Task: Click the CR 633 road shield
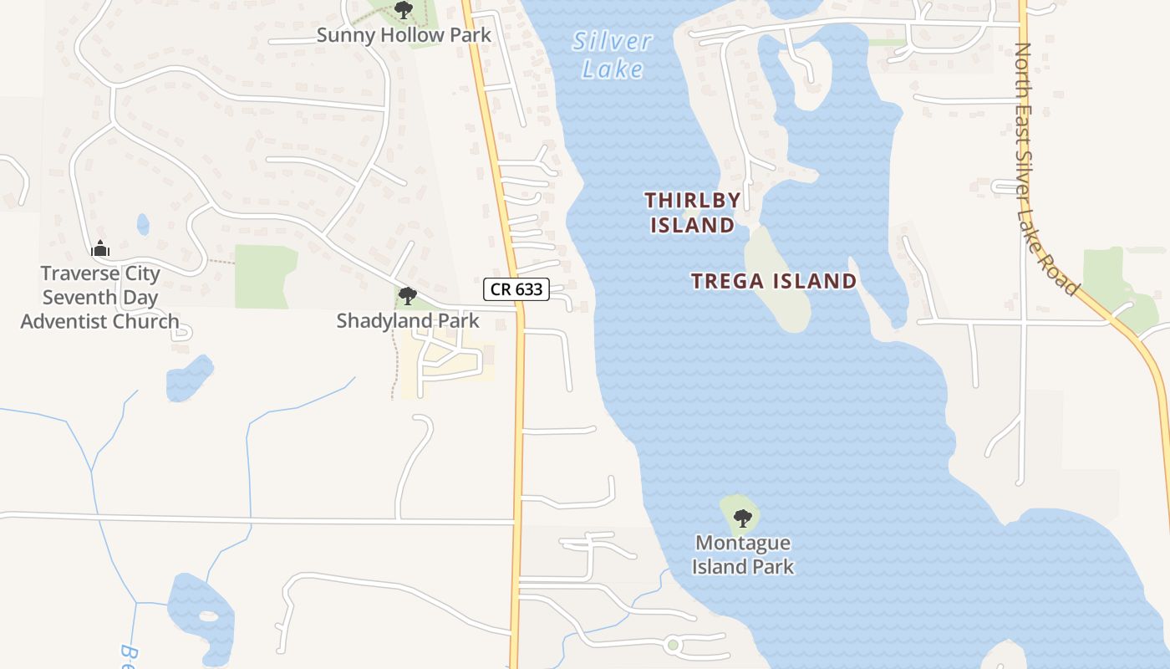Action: click(516, 290)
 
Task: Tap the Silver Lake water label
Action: click(613, 54)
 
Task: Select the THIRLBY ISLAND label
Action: click(692, 212)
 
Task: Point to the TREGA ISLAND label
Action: click(774, 281)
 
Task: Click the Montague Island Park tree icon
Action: click(742, 518)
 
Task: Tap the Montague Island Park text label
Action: click(743, 554)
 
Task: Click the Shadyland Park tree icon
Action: click(408, 295)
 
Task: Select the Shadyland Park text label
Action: click(408, 320)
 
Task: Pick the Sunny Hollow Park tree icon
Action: click(404, 11)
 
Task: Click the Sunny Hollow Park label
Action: click(404, 35)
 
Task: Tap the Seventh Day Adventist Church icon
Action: click(100, 248)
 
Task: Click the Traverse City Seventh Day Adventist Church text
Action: click(99, 297)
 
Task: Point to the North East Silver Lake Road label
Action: click(1045, 167)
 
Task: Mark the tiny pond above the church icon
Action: click(143, 224)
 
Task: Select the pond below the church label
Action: click(189, 377)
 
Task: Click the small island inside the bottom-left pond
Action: click(208, 616)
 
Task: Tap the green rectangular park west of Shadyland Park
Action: click(264, 276)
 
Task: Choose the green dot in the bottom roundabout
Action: click(673, 645)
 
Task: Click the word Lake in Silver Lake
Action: click(613, 68)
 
